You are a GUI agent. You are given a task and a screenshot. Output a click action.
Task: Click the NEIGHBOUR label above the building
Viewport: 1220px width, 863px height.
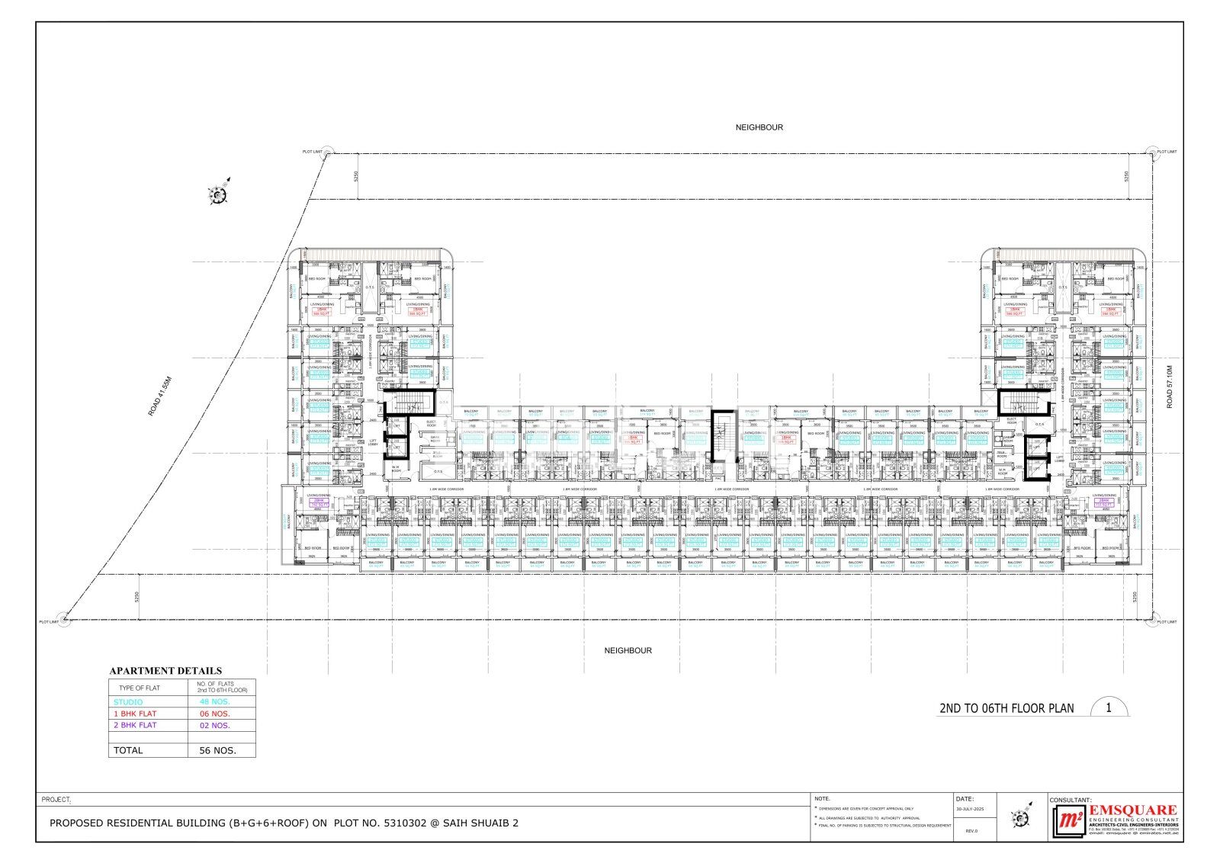tap(759, 127)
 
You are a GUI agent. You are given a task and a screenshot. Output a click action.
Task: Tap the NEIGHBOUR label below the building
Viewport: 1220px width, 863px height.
tap(628, 650)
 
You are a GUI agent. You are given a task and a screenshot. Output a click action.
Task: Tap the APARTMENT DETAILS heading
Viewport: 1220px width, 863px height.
tap(165, 671)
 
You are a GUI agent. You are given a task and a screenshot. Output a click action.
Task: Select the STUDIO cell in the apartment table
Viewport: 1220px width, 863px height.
tap(128, 702)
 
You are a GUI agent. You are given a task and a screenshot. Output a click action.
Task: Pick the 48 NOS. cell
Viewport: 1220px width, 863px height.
tap(214, 702)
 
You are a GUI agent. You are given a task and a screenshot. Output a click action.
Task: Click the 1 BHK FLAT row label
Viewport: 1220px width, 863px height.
tap(135, 714)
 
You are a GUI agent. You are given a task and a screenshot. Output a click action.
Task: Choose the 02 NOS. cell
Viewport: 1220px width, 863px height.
tap(214, 725)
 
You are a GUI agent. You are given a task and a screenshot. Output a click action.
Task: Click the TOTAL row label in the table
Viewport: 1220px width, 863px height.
tap(128, 750)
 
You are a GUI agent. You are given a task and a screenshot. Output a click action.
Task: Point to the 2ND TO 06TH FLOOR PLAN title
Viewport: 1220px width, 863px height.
tap(1006, 708)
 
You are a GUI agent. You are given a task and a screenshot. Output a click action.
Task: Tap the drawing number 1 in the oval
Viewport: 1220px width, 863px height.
tap(1108, 707)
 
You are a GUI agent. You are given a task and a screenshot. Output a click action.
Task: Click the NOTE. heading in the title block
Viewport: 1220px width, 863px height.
tap(822, 798)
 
